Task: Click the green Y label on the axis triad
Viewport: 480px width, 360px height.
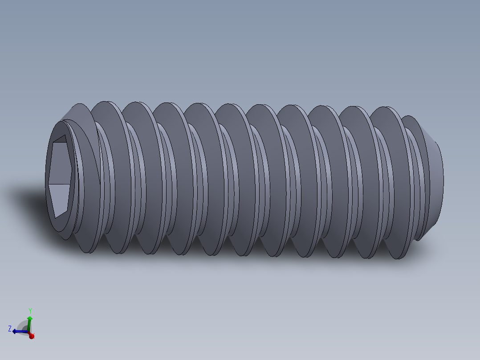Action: pos(30,311)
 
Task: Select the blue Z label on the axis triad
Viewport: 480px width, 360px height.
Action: pos(10,329)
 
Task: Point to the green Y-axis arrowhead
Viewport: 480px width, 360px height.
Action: pos(29,318)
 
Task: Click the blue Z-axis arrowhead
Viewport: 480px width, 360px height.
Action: pos(15,331)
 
